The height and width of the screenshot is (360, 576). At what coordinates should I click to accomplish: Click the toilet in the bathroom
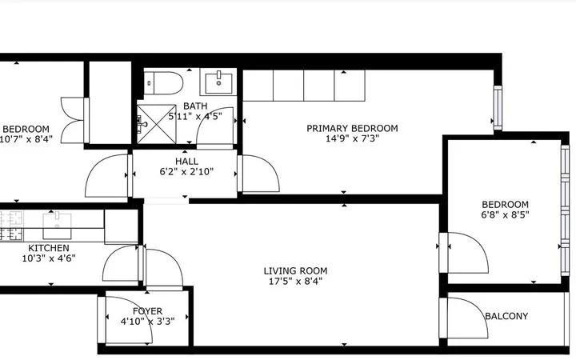point(163,83)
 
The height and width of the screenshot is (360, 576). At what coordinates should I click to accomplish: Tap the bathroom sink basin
point(218,83)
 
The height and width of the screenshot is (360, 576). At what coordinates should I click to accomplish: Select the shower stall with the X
point(157,124)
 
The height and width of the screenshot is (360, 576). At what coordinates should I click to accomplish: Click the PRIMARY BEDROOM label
point(352,128)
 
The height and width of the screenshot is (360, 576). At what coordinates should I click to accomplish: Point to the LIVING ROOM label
point(295,271)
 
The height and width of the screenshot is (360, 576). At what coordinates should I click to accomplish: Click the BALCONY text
point(506,316)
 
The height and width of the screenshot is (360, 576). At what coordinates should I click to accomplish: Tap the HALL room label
point(186,162)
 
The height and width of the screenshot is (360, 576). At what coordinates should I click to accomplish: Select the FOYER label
point(148,311)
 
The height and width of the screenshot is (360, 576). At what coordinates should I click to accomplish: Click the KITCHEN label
point(49,248)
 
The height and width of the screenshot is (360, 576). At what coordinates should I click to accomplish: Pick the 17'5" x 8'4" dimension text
point(295,282)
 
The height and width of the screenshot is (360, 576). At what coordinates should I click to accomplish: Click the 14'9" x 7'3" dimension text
point(352,138)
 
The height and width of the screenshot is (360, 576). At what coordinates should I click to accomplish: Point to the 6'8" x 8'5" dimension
point(505,214)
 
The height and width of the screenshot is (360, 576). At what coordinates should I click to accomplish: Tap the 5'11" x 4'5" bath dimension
point(195,117)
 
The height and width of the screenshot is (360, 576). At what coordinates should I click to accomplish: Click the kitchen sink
point(57,226)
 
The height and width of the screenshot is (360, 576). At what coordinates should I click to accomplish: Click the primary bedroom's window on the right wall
point(498,108)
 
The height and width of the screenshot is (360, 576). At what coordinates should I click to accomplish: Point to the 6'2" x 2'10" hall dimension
point(186,171)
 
